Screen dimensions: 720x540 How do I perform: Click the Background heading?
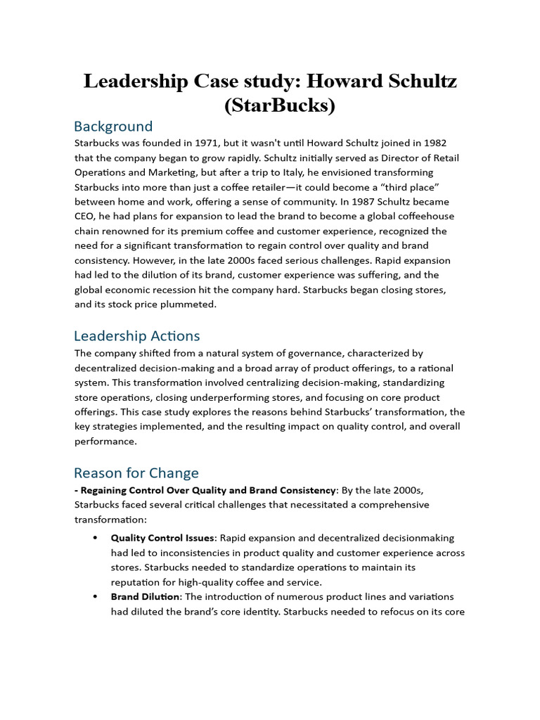click(x=113, y=127)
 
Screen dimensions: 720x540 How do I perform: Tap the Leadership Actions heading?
click(x=137, y=335)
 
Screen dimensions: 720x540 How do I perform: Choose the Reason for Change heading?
click(x=136, y=472)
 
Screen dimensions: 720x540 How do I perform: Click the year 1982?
click(x=433, y=143)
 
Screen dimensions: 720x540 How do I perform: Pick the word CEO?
click(x=86, y=217)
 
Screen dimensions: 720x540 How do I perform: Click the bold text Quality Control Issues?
click(x=162, y=538)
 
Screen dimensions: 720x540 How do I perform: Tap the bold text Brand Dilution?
click(x=146, y=596)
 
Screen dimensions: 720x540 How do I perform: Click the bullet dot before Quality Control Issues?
click(x=95, y=539)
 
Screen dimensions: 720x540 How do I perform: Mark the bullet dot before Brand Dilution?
click(x=95, y=597)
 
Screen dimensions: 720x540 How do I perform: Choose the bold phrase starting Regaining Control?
click(x=207, y=490)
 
